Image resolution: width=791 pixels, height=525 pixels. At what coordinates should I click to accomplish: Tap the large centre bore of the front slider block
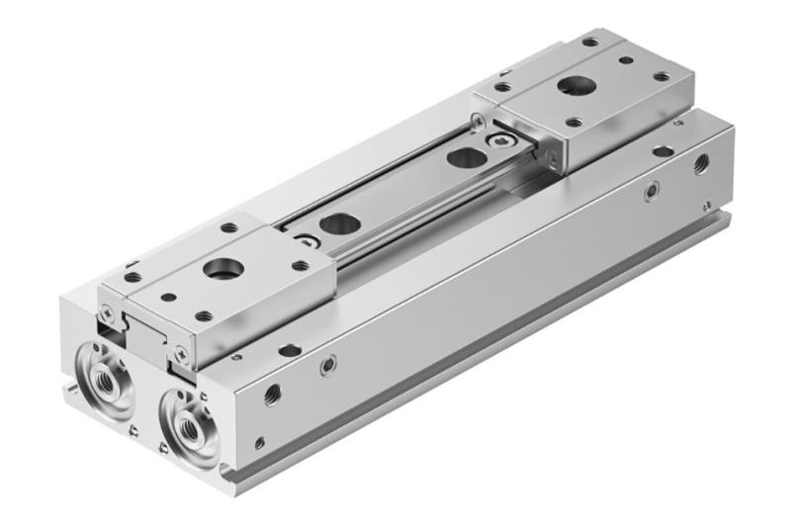(216, 269)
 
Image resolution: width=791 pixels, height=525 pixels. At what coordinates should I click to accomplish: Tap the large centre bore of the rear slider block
(571, 86)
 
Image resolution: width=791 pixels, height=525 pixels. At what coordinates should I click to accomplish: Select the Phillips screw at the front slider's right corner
(180, 349)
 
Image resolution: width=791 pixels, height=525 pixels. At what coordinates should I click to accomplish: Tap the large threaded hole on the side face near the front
(272, 394)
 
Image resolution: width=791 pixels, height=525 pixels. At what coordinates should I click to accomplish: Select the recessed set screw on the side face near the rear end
(651, 193)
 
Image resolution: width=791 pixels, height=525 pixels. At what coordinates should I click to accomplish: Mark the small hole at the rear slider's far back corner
(590, 43)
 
